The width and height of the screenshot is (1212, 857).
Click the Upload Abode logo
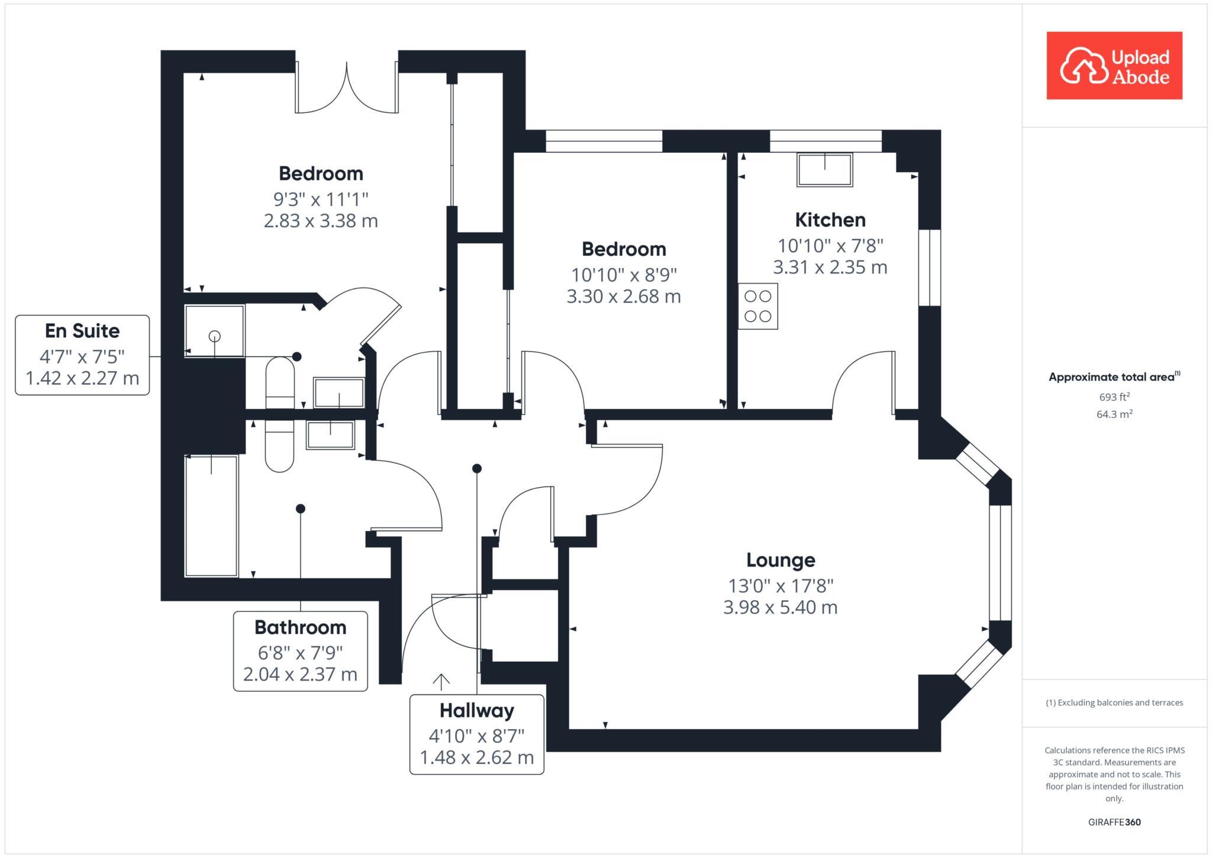point(1114,66)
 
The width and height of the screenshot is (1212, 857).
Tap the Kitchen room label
point(830,220)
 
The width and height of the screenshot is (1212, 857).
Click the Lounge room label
point(780,560)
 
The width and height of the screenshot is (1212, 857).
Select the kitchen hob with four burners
point(757,307)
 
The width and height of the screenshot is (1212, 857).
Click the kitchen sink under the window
point(824,170)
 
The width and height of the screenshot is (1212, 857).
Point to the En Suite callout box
point(82,355)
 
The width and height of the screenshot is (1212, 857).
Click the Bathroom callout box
point(300,651)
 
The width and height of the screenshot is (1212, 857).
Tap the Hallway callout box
point(476,734)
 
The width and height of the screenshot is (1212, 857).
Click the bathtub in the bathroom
point(212,516)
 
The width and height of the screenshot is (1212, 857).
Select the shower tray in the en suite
point(214,331)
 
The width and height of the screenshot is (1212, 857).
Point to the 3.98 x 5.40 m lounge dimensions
point(780,607)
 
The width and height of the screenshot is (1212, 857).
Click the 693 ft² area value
point(1114,397)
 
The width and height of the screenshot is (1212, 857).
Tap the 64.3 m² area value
point(1114,414)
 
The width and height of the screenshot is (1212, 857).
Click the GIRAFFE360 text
point(1114,822)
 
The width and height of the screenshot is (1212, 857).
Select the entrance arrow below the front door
point(441,682)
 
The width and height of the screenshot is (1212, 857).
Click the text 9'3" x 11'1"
point(321,199)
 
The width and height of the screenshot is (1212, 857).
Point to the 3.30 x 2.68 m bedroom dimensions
point(624,296)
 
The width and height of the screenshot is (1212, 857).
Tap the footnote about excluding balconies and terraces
point(1114,703)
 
